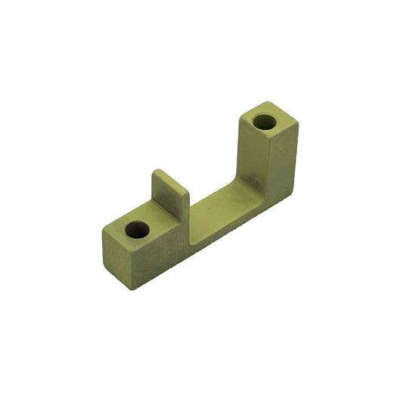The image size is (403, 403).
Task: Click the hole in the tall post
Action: click(265, 122)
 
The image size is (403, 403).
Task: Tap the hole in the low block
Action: click(138, 228)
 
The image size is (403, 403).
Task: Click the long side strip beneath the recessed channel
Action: click(227, 234)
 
